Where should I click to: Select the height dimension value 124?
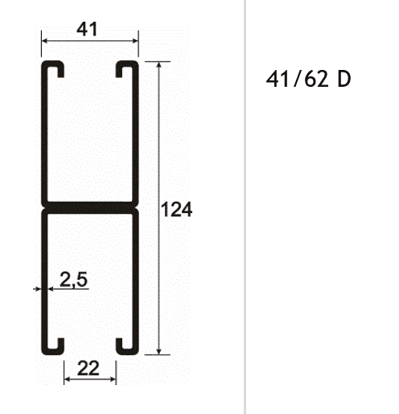point(176,211)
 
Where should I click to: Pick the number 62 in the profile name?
point(314,80)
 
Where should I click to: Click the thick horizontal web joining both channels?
point(90,207)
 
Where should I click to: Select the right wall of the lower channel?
point(138,281)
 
